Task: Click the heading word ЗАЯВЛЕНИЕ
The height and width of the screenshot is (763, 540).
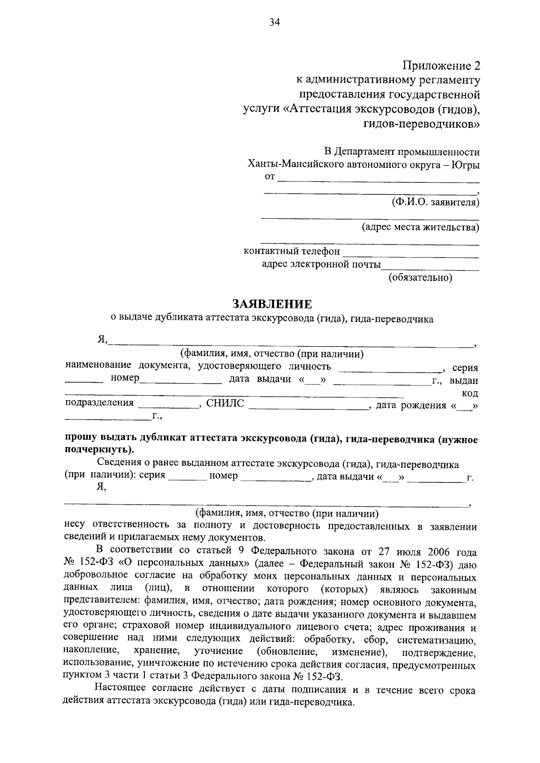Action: click(x=272, y=305)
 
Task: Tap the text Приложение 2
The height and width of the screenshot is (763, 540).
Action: click(x=441, y=66)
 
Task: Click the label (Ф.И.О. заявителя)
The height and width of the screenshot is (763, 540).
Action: click(x=435, y=203)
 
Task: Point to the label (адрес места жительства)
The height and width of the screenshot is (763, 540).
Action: click(x=421, y=227)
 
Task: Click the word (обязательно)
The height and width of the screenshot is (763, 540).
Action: click(x=420, y=278)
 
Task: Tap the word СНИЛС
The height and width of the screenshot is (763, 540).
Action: click(x=225, y=403)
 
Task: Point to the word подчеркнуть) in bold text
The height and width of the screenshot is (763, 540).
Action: click(x=99, y=450)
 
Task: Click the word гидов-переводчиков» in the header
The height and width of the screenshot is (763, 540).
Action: click(x=422, y=123)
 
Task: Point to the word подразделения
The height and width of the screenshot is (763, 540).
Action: click(x=99, y=403)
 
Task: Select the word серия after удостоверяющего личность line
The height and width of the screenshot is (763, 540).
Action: click(x=465, y=368)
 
